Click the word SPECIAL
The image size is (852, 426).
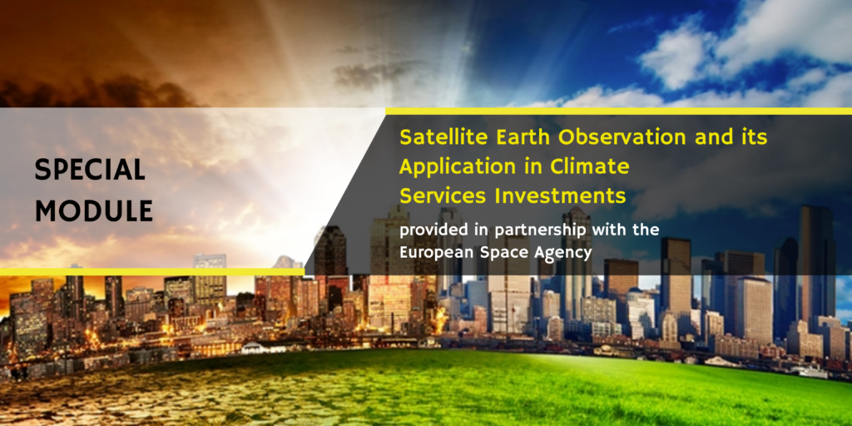[x=90, y=170]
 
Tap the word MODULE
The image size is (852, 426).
[x=94, y=211]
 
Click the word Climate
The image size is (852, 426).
[x=591, y=166]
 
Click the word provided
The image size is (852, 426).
[x=433, y=230]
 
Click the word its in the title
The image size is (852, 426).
[x=754, y=136]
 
